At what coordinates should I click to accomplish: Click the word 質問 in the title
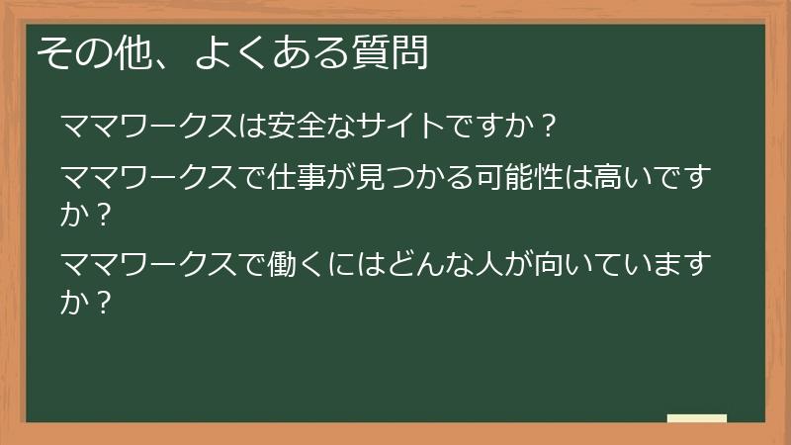391,52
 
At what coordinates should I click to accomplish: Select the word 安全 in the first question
295,128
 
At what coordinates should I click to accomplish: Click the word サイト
403,128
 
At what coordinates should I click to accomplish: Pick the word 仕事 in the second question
295,178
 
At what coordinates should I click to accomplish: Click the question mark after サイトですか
551,128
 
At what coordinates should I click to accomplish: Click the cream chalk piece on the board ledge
697,418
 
